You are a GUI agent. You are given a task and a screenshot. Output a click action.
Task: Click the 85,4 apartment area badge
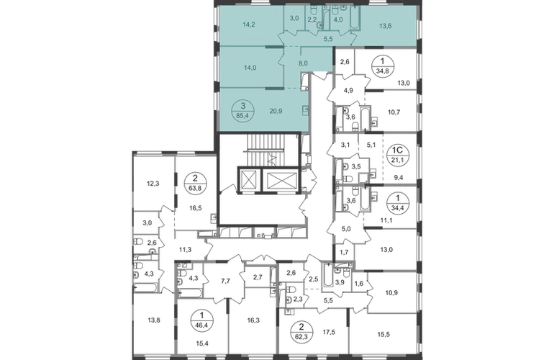pos(242,110)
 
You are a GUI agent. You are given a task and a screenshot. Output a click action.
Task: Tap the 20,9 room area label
pos(276,111)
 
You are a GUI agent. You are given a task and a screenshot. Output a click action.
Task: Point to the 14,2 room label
pos(249,24)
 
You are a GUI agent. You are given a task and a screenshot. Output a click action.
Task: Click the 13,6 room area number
pos(385,26)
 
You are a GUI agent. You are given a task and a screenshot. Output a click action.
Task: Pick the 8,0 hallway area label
pos(303,63)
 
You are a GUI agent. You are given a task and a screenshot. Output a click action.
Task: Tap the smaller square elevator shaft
pos(250,180)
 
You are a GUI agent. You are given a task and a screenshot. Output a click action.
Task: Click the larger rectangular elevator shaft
pos(281,180)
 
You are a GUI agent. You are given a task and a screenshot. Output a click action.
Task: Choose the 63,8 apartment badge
pos(196,183)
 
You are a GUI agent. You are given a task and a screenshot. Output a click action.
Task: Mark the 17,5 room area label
pos(329,332)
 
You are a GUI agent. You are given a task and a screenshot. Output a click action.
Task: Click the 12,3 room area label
pos(153,184)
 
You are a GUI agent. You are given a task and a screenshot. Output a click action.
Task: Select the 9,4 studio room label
pos(398,178)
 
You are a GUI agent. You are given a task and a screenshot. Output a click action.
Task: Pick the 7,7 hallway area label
pos(225,281)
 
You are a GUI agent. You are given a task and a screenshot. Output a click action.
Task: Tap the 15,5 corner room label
pos(383,334)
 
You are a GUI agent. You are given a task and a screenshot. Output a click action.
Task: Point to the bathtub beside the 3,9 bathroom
pos(327,276)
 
